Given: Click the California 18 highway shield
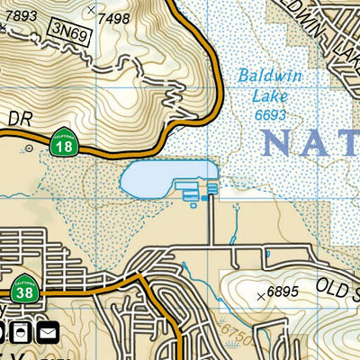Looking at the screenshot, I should [x=63, y=145].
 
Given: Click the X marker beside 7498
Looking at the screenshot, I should [x=90, y=10].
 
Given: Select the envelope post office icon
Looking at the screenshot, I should [x=47, y=334].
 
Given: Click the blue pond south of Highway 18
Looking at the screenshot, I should [x=167, y=178].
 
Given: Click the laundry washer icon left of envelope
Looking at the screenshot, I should [x=22, y=334].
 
